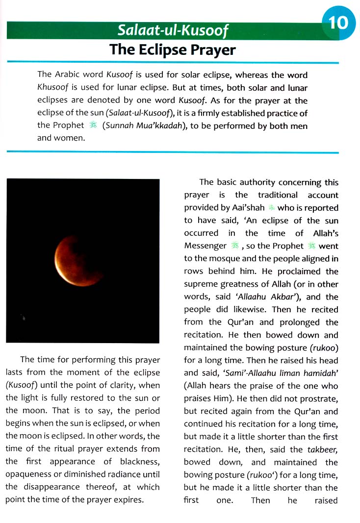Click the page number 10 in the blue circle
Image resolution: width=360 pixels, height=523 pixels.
[x=338, y=23]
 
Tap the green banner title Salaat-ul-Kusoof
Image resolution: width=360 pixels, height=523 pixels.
[x=173, y=31]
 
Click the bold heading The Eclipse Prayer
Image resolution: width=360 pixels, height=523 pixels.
[x=173, y=50]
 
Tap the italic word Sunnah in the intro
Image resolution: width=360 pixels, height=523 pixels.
[x=119, y=125]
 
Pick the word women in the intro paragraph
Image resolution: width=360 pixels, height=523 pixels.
[x=71, y=138]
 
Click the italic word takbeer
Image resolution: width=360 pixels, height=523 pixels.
[x=323, y=449]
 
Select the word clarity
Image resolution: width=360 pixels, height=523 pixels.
[x=124, y=385]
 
